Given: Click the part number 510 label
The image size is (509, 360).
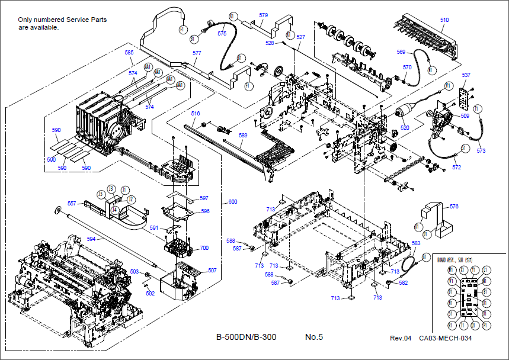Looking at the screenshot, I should click(x=444, y=20).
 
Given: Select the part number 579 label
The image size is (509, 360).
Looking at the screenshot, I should click(x=263, y=15).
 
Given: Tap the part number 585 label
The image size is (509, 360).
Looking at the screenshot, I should click(x=129, y=53).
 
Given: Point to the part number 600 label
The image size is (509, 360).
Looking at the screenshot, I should click(x=232, y=202).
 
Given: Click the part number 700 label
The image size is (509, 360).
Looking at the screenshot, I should click(x=204, y=248).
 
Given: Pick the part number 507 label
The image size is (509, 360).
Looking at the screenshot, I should click(x=212, y=270).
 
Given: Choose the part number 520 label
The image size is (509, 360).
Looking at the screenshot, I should click(x=405, y=127).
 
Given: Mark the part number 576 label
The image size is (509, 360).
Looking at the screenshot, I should click(x=454, y=207).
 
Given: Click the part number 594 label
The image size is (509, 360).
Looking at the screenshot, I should click(x=91, y=239).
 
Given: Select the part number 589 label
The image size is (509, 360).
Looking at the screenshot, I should click(x=243, y=136).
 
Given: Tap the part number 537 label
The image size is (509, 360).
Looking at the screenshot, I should click(x=466, y=75).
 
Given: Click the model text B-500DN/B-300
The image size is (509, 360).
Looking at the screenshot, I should click(x=246, y=337).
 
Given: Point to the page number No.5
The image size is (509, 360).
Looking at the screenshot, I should click(x=313, y=337).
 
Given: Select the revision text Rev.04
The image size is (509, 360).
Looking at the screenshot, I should click(x=400, y=338).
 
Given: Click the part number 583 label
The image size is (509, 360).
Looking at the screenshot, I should click(x=416, y=243).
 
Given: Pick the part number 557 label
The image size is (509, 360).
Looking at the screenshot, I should click(x=71, y=203).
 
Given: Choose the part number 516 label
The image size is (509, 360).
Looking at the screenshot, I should click(x=196, y=113).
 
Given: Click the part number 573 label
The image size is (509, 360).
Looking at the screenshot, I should click(x=481, y=151).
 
